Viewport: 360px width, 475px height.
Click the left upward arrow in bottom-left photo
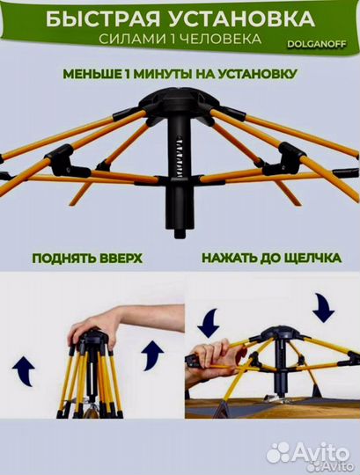pos(25,370)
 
